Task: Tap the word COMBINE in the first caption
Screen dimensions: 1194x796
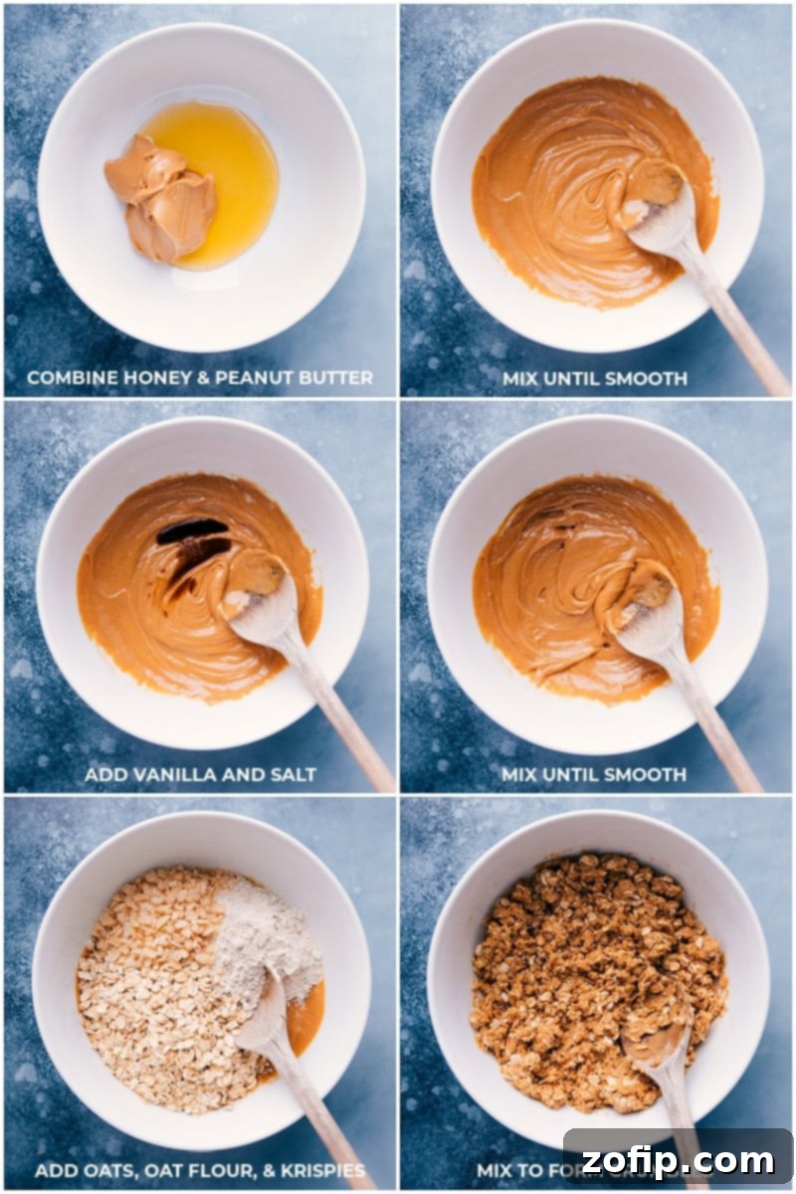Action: click(68, 378)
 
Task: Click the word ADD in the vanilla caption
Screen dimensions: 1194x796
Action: click(103, 774)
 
